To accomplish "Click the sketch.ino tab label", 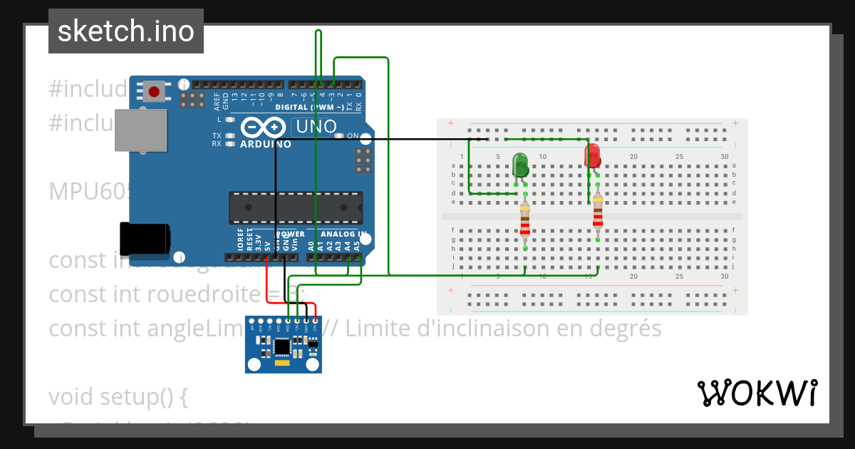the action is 126,31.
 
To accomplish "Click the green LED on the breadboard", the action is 521,166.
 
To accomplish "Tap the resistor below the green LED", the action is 525,220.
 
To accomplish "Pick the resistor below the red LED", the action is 598,212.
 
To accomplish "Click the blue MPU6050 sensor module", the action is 283,345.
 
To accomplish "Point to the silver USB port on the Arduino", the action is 140,130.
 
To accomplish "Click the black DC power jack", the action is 144,239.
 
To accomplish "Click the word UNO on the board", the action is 316,127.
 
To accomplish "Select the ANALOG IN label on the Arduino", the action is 343,234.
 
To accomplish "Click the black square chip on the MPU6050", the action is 283,347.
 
